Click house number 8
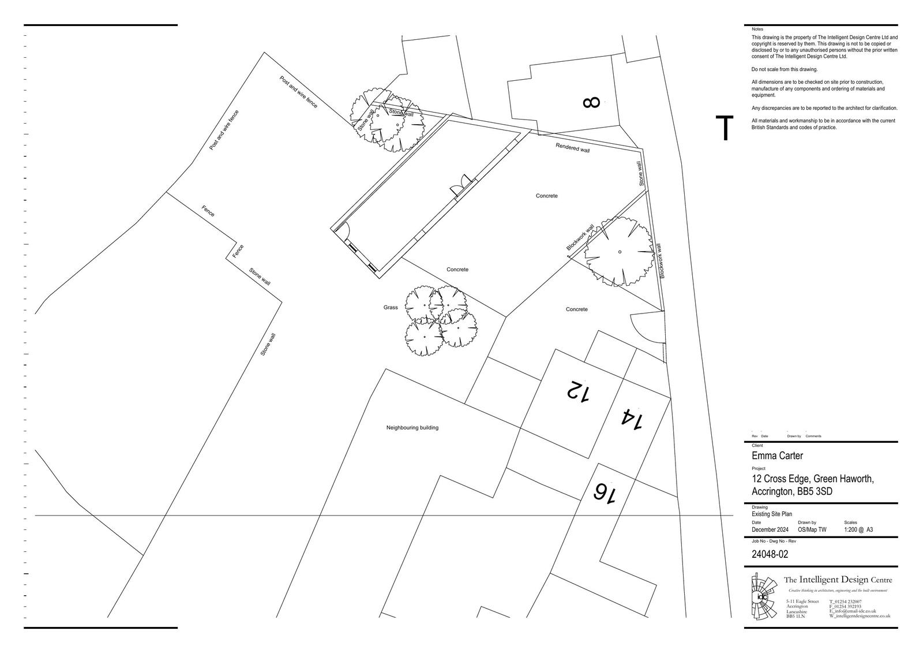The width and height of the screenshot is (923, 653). [x=591, y=103]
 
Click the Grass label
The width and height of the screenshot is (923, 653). [x=391, y=308]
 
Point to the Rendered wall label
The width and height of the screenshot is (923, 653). [x=572, y=148]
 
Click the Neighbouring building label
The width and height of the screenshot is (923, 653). [x=412, y=428]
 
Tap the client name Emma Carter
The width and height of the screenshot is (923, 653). [x=777, y=456]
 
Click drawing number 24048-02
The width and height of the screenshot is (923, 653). [x=770, y=554]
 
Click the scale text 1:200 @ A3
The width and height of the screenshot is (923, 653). [x=858, y=529]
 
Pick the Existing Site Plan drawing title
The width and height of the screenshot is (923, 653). [x=772, y=514]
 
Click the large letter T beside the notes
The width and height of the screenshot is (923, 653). [x=725, y=128]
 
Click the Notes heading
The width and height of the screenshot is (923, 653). [x=757, y=29]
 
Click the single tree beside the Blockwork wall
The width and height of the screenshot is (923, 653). [x=620, y=252]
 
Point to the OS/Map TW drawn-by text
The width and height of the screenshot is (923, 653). [x=812, y=529]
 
